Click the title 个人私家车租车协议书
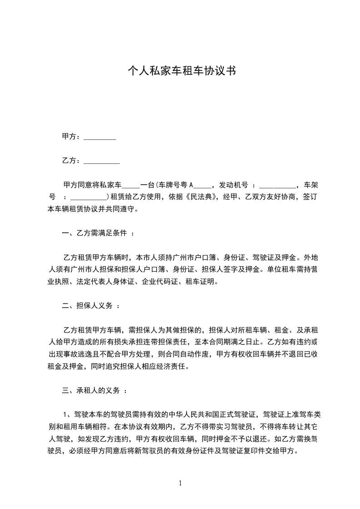(181, 71)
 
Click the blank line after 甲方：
(100, 137)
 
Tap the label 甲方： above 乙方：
(72, 137)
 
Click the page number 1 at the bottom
(180, 484)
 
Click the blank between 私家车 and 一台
(131, 186)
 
